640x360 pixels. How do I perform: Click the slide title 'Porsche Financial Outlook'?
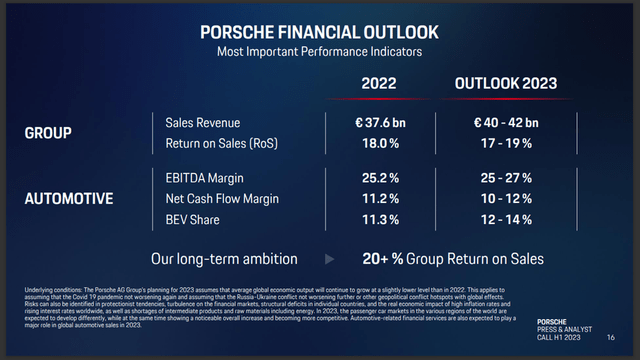point(320,30)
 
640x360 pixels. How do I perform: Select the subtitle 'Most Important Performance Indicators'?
point(320,49)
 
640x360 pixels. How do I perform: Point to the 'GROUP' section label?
point(48,132)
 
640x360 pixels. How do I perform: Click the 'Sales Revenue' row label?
point(203,122)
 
